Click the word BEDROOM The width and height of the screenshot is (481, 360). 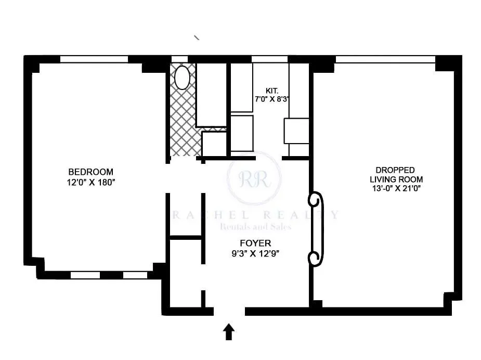click(x=90, y=172)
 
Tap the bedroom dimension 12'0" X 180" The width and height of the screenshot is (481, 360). click(x=90, y=182)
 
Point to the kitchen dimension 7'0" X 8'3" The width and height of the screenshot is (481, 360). click(x=272, y=99)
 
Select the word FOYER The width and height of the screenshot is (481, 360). click(x=255, y=243)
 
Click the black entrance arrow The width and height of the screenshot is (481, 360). click(x=228, y=332)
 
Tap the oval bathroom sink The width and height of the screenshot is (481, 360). click(x=182, y=78)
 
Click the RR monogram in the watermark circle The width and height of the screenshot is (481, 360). click(x=254, y=179)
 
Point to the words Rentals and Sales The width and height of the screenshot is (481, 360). click(x=255, y=226)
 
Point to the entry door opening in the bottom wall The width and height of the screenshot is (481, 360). click(x=229, y=312)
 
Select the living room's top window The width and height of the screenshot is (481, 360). click(x=385, y=59)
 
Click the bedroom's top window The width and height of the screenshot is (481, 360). click(x=94, y=59)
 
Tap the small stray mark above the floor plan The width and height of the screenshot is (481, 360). click(x=197, y=37)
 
